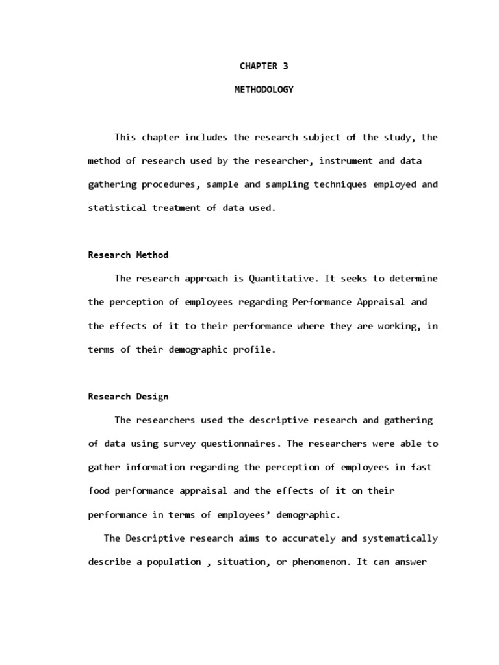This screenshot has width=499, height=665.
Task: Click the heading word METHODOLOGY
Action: point(264,90)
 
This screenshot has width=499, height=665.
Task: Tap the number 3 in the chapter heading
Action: point(285,66)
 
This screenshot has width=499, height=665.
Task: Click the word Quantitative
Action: point(280,279)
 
